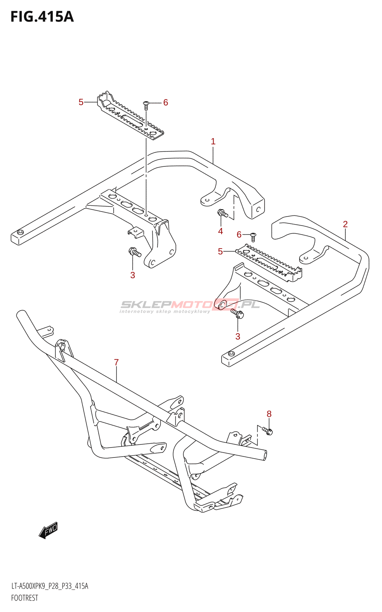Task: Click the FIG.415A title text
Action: point(42,17)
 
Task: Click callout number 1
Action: point(213,142)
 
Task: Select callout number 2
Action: point(345,224)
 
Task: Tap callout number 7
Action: point(117,362)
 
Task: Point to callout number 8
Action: point(269,414)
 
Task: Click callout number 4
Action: point(220,231)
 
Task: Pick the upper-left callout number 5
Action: point(81,102)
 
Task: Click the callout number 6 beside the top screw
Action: point(166,103)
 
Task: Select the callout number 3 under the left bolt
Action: point(133,275)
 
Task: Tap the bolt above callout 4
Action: point(223,213)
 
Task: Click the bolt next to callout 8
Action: point(268,431)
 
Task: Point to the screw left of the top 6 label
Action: point(146,105)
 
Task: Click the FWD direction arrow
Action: point(48,530)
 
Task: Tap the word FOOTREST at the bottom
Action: point(24,598)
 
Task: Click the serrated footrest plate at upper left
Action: point(130,116)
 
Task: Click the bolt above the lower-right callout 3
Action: point(237,313)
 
